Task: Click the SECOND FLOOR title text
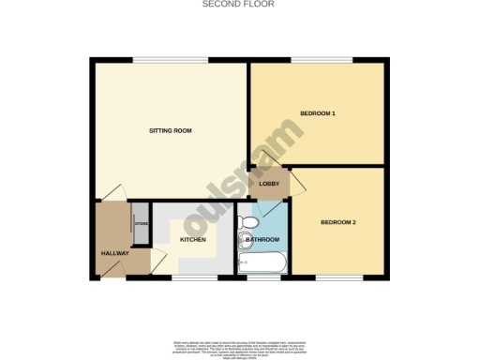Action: [x=239, y=5]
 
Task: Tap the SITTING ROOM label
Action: [x=171, y=130]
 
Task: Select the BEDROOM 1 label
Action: [x=317, y=113]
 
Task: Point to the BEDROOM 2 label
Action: [x=337, y=222]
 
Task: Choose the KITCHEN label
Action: [x=192, y=240]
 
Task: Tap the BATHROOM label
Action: [x=262, y=240]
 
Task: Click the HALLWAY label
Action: [x=114, y=254]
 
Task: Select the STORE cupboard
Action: [x=142, y=223]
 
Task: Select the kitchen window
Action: [x=192, y=277]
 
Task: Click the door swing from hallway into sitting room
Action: [x=113, y=191]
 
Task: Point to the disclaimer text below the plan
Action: [x=239, y=345]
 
